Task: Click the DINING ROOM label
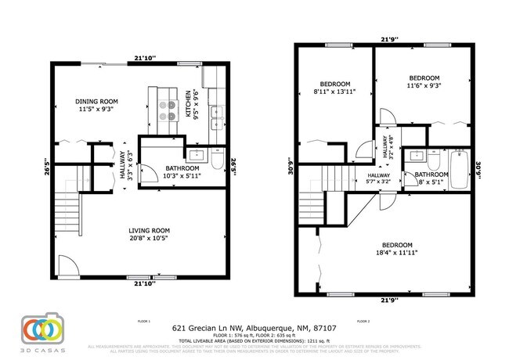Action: click(x=96, y=102)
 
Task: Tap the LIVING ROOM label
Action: click(x=149, y=229)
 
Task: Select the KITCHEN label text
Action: click(x=187, y=104)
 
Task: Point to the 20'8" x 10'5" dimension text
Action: click(x=149, y=237)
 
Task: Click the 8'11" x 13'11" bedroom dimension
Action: click(x=334, y=92)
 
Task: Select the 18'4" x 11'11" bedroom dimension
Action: click(x=395, y=252)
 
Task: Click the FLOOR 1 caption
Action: click(x=143, y=321)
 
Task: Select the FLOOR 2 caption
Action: click(x=363, y=321)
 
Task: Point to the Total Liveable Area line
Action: click(x=254, y=342)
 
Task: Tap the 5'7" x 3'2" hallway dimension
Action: click(x=379, y=182)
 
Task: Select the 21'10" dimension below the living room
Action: click(x=143, y=283)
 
